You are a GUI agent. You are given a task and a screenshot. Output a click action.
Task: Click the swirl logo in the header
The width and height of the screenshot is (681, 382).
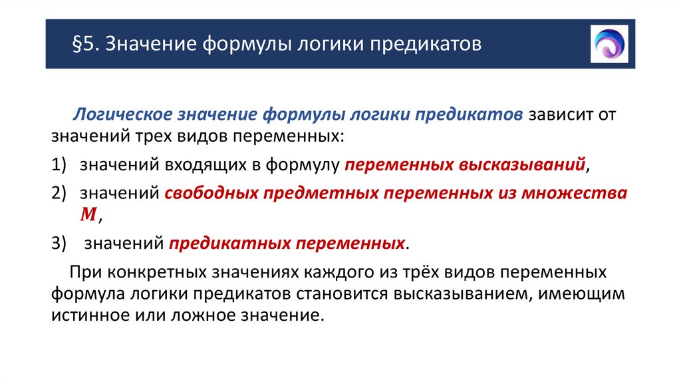click(x=609, y=44)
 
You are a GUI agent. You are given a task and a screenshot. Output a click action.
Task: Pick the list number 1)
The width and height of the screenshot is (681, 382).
click(x=61, y=165)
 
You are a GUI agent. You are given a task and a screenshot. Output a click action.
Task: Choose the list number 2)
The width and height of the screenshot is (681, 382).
click(x=61, y=193)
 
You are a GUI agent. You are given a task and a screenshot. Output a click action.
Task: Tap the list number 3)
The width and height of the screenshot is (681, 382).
click(x=61, y=243)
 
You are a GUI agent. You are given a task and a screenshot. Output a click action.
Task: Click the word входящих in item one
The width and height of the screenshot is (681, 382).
click(x=201, y=165)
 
